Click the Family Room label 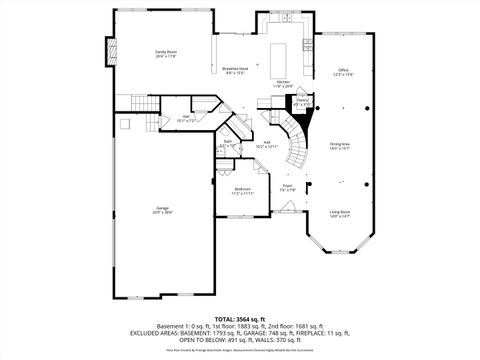pyautogui.click(x=165, y=53)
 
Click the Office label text pyautogui.click(x=342, y=71)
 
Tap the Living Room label pyautogui.click(x=340, y=213)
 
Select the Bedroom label pyautogui.click(x=243, y=190)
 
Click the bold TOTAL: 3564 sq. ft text pyautogui.click(x=239, y=318)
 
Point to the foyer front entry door pyautogui.click(x=290, y=212)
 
